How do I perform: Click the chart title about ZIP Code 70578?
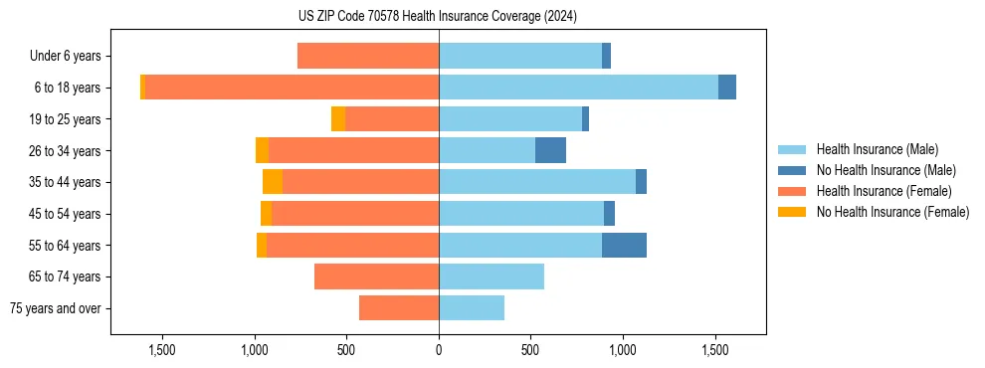(x=438, y=16)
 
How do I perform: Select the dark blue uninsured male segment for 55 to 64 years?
(x=624, y=245)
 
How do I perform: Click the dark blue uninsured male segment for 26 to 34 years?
(x=550, y=150)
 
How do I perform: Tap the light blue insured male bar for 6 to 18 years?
(x=578, y=88)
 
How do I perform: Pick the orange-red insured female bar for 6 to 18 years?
(x=292, y=88)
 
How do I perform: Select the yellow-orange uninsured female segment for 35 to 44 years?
(x=273, y=182)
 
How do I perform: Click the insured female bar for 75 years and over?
(x=399, y=308)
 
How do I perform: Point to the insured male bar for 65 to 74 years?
(x=492, y=276)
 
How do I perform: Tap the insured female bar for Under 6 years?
(x=368, y=56)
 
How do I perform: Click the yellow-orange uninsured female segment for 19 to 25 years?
(x=338, y=119)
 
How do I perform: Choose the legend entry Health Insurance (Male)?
(x=877, y=149)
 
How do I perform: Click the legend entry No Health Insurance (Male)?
(x=886, y=170)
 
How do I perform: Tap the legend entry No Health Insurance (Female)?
(x=892, y=212)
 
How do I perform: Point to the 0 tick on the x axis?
(x=439, y=350)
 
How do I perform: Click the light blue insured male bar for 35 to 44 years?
(x=537, y=182)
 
